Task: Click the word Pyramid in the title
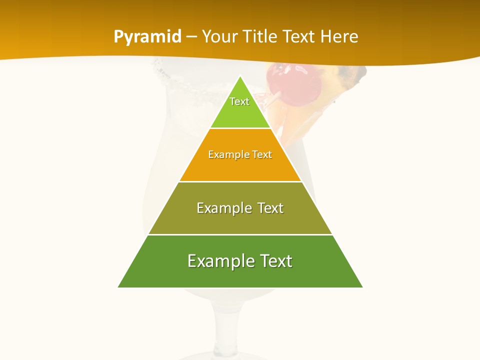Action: point(147,37)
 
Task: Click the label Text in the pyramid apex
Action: point(239,101)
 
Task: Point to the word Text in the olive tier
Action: point(270,208)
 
